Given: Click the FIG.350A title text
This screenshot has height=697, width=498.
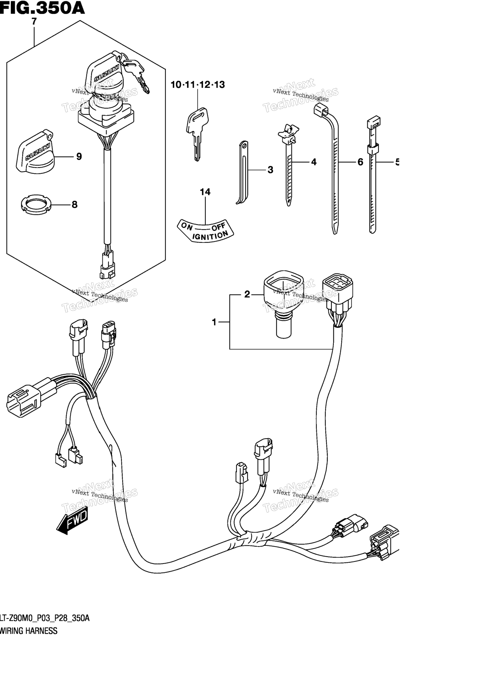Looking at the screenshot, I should click(x=42, y=8).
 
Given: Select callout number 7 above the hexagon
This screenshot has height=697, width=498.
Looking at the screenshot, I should click(x=34, y=22).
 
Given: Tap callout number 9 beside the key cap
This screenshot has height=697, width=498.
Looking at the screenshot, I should click(x=79, y=157).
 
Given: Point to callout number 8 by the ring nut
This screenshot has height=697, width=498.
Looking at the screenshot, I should click(x=74, y=205).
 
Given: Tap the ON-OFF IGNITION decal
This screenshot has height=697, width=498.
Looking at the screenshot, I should click(x=205, y=231).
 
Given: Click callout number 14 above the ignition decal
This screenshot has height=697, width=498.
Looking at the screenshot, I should click(x=205, y=192).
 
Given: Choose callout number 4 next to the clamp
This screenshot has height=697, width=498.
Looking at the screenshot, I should click(x=314, y=162).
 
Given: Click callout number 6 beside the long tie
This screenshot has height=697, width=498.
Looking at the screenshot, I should click(x=360, y=162).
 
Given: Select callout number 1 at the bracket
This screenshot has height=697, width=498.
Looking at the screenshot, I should click(x=214, y=322).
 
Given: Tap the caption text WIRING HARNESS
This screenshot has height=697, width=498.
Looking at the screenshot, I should click(x=29, y=631).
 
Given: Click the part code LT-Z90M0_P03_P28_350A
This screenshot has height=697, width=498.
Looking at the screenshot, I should click(x=45, y=618).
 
